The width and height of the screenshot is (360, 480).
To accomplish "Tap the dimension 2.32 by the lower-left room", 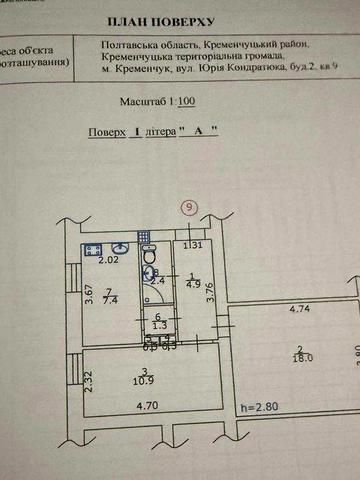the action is click(x=89, y=381).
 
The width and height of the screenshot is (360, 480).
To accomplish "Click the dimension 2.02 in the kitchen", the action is click(x=108, y=261).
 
